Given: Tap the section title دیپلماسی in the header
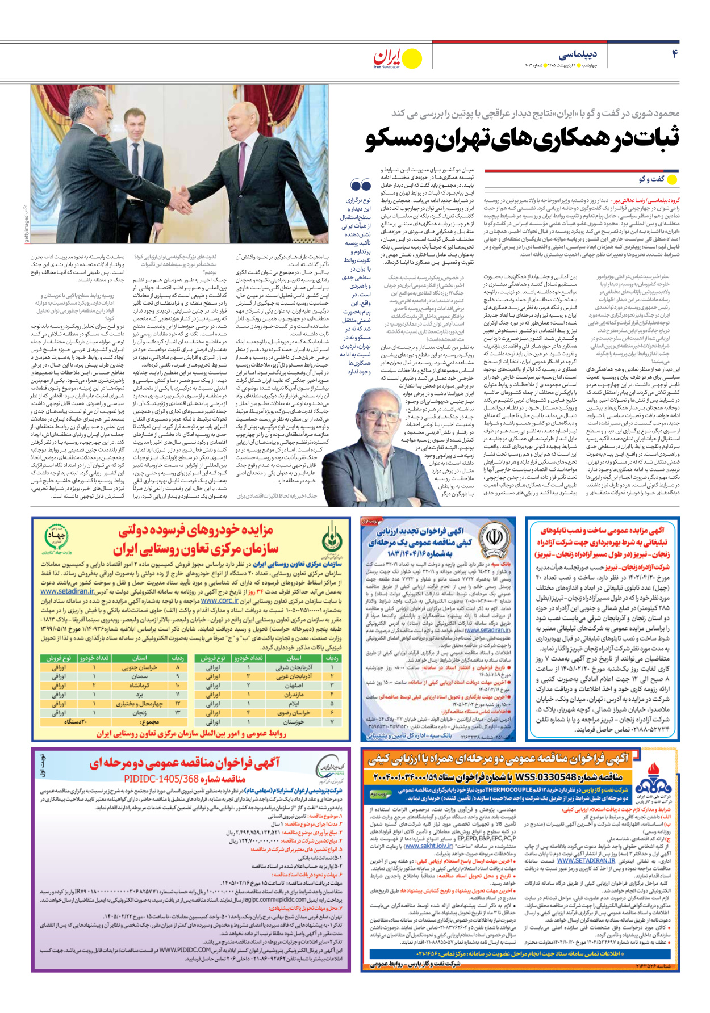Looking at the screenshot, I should pyautogui.click(x=578, y=54).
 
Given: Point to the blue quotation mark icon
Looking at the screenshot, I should pyautogui.click(x=361, y=185).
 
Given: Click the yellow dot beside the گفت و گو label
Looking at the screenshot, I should pyautogui.click(x=672, y=180).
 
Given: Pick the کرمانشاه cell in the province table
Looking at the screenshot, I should pyautogui.click(x=140, y=685).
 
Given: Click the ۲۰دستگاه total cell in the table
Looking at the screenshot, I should pyautogui.click(x=74, y=722).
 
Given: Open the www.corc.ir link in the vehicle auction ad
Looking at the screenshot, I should pyautogui.click(x=220, y=600).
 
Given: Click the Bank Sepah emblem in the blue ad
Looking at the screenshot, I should pyautogui.click(x=491, y=537).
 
